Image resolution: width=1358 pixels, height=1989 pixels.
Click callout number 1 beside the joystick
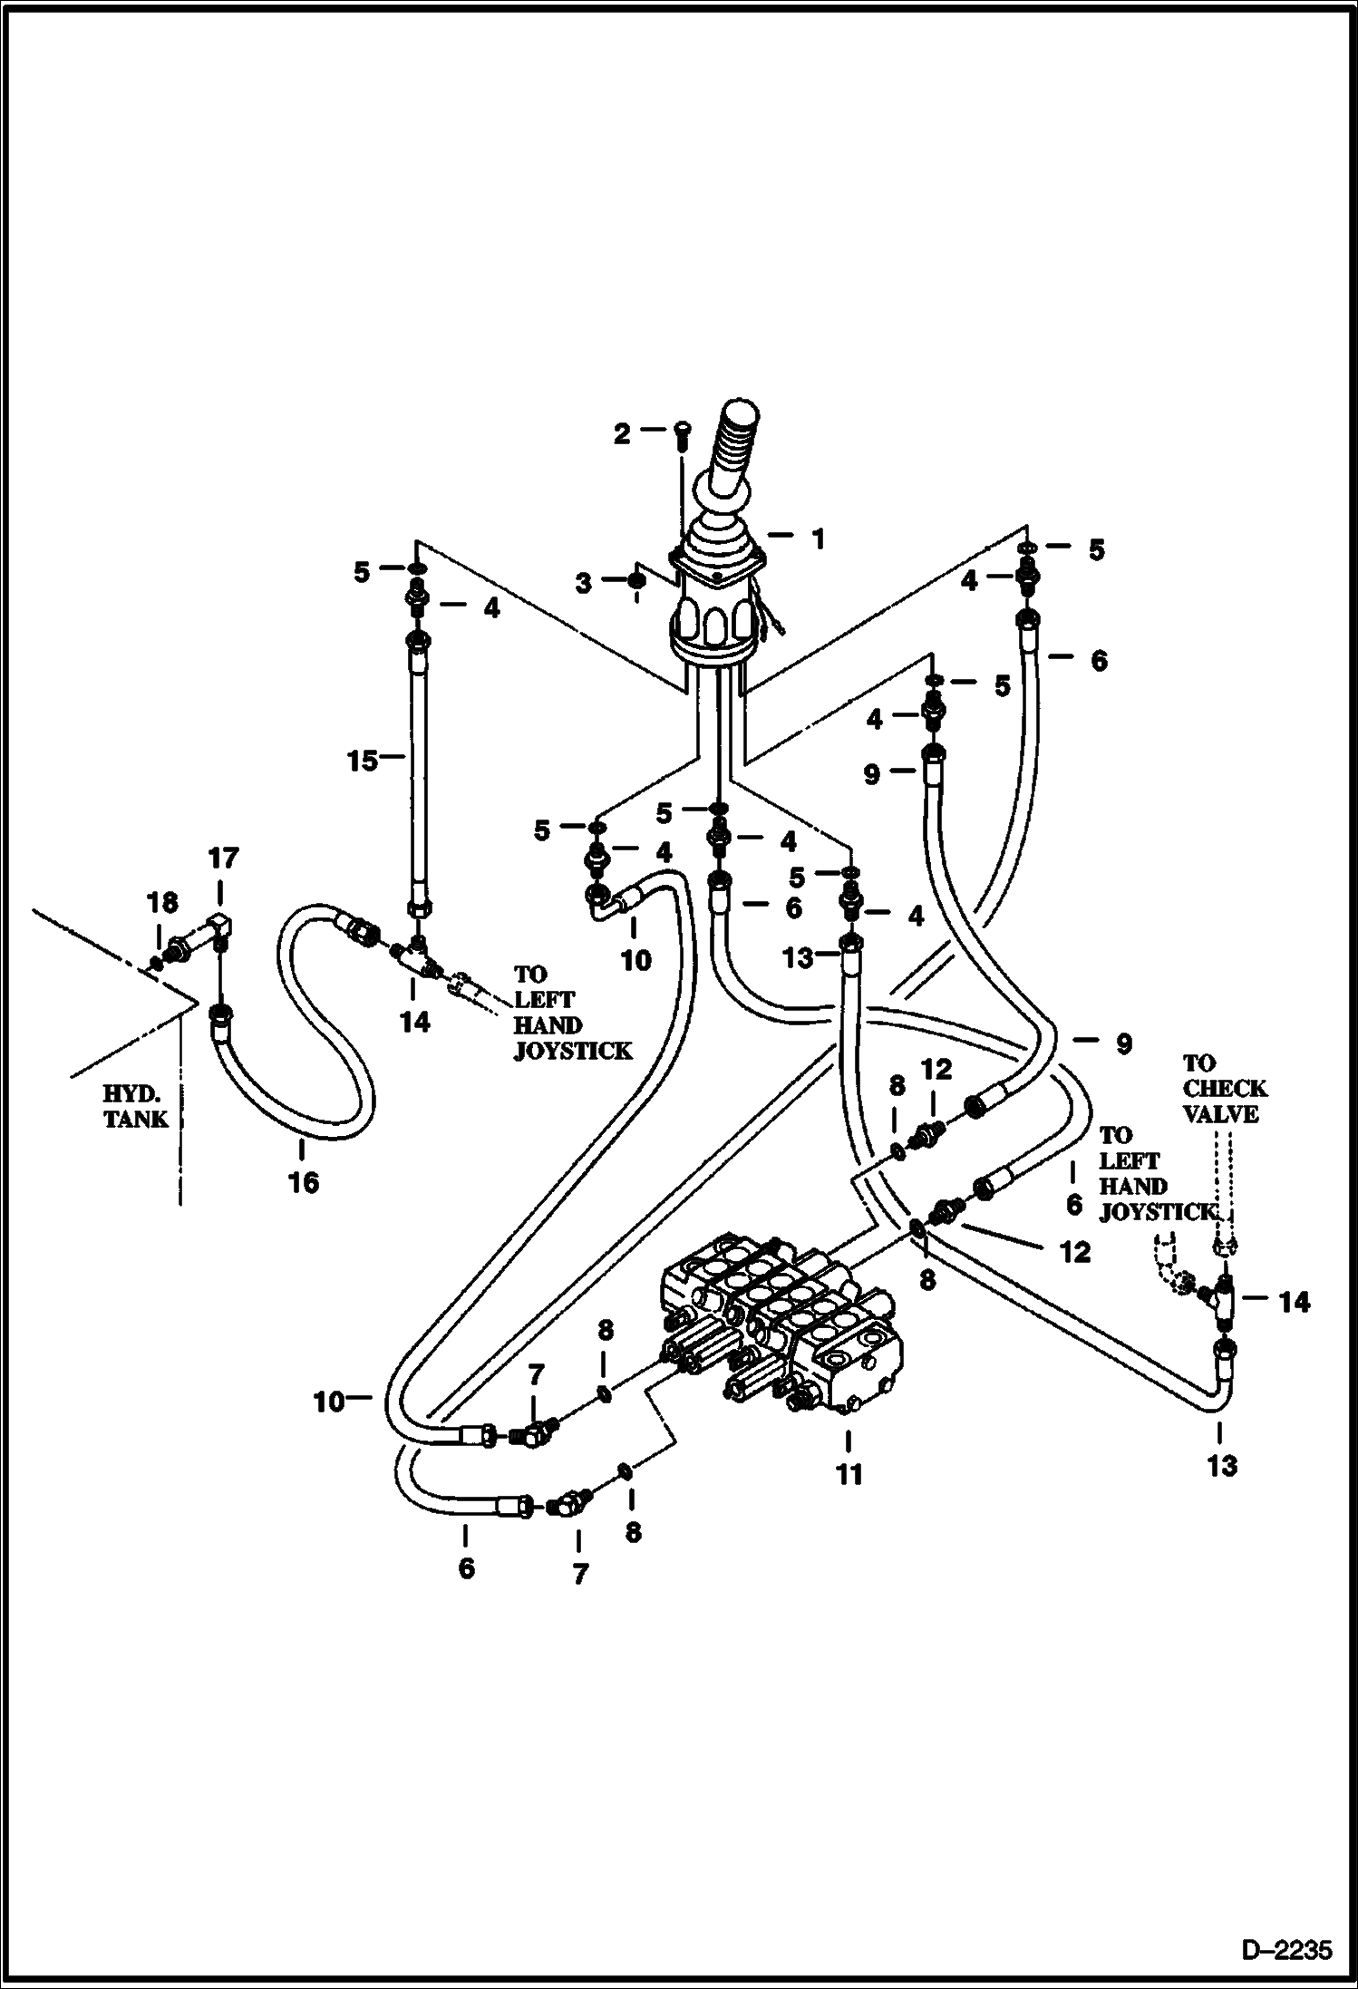tap(819, 539)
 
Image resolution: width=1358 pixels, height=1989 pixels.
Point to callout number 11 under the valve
tap(849, 1475)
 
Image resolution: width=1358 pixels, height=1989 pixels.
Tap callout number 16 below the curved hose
tap(304, 1182)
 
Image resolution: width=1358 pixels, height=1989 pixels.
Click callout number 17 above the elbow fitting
tap(223, 857)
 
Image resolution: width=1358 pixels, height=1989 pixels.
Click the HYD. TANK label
tap(136, 1106)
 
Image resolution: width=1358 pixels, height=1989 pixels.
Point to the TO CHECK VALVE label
tap(1224, 1088)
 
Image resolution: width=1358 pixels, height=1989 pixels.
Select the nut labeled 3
tap(637, 581)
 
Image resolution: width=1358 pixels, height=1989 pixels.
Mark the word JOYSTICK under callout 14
tap(571, 1051)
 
